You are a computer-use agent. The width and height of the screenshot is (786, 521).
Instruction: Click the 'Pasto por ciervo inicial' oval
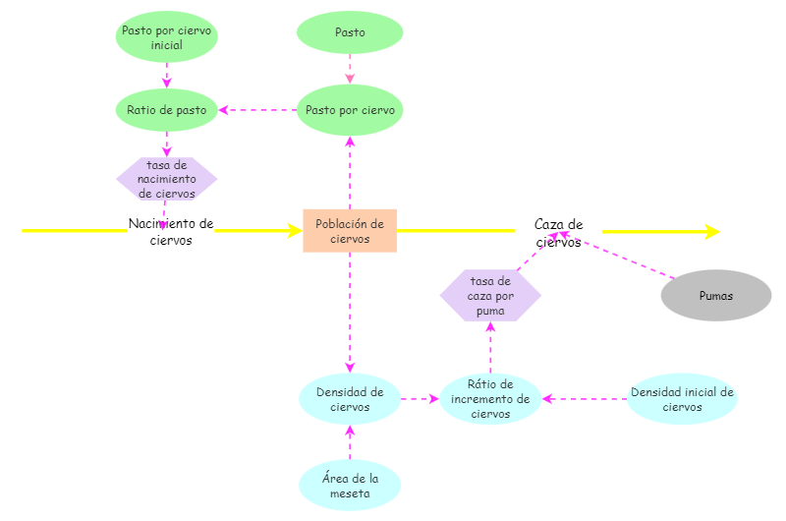point(166,37)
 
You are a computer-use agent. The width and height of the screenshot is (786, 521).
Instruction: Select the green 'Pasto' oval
point(350,32)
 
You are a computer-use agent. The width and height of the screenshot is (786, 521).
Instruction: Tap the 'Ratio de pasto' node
point(166,110)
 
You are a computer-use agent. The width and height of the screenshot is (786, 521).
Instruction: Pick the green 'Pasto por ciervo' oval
point(350,110)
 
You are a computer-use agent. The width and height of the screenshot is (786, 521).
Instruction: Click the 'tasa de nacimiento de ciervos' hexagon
point(166,179)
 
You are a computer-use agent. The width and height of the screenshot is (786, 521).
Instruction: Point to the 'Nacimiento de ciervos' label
point(171,231)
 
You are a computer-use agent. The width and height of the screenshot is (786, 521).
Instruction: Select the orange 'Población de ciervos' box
point(350,231)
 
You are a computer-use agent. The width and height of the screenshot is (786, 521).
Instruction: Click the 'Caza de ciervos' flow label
point(558,232)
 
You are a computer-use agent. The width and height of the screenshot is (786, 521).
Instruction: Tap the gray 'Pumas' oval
point(715,295)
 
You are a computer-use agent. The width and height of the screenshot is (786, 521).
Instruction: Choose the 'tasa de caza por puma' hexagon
point(490,296)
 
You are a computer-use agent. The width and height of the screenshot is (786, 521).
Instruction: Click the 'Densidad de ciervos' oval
point(350,399)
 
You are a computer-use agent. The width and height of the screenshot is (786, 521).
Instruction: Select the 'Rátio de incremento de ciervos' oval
point(490,399)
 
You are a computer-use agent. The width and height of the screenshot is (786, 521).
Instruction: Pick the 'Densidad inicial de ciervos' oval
point(682,399)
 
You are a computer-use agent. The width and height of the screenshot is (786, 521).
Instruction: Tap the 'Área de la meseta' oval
point(350,485)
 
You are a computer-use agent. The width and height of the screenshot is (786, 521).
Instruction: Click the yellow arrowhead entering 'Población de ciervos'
point(294,231)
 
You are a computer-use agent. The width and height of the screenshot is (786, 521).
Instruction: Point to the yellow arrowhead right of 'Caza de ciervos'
point(711,232)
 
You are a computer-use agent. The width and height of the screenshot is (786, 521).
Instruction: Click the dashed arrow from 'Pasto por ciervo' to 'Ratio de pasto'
point(257,110)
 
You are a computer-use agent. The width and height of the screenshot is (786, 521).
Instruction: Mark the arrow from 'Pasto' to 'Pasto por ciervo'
point(350,69)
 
